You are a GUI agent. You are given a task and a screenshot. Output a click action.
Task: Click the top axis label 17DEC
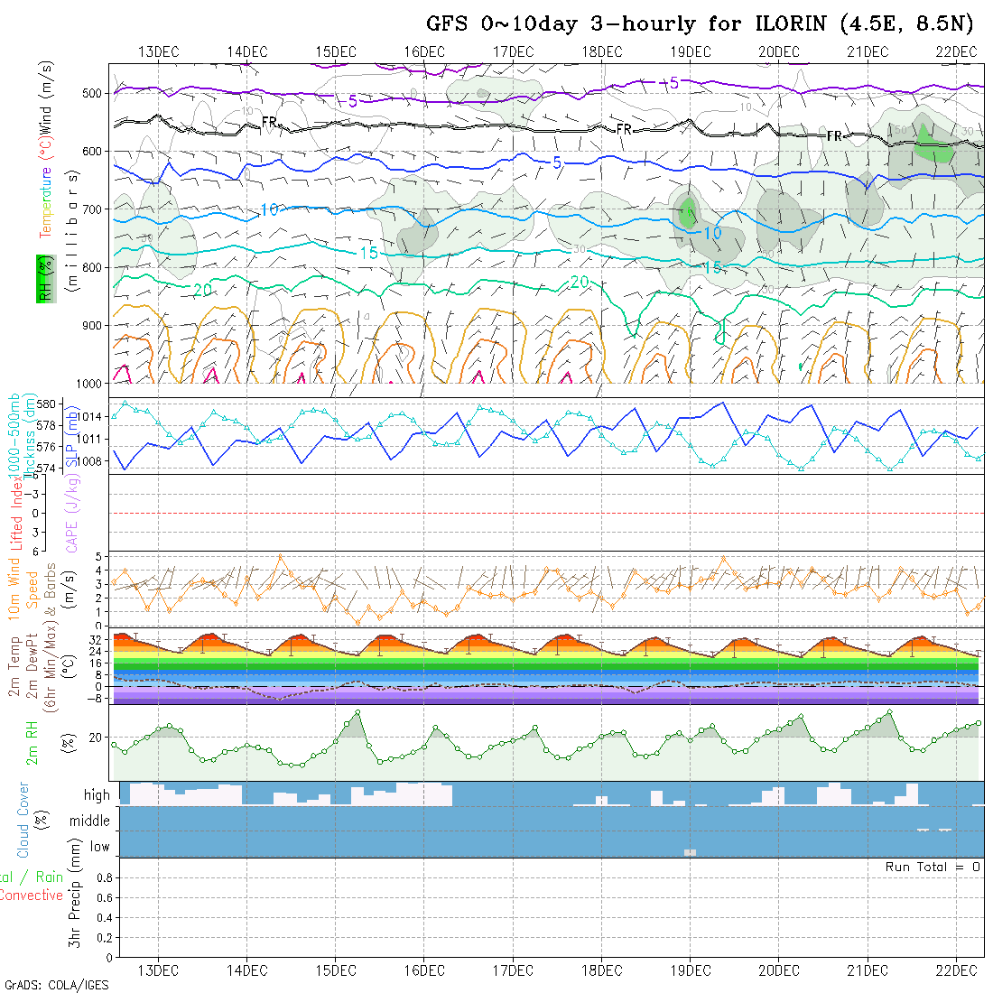click(x=513, y=51)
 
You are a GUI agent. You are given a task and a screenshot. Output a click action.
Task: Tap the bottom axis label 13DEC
click(x=158, y=970)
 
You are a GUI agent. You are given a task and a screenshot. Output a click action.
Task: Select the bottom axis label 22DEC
click(x=956, y=970)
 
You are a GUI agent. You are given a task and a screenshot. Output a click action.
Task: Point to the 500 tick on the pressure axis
click(x=95, y=92)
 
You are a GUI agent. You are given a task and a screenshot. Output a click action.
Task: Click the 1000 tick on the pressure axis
click(x=92, y=384)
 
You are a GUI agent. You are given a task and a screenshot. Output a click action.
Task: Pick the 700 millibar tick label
click(x=95, y=209)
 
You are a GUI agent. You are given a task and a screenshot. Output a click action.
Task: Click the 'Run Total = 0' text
click(x=933, y=867)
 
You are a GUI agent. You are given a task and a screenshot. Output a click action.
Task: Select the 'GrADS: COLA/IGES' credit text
click(x=56, y=985)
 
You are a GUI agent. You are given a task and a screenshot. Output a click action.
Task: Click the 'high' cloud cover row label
click(x=97, y=795)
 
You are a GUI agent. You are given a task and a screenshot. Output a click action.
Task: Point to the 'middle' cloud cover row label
click(x=90, y=821)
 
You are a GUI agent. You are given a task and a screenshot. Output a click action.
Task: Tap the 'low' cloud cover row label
click(x=99, y=847)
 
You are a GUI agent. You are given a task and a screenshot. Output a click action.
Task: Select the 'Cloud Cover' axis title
click(x=23, y=820)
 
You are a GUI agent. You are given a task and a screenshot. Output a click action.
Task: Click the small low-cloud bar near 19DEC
click(x=691, y=852)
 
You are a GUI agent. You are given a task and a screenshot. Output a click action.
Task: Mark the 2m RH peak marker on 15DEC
click(x=358, y=712)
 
